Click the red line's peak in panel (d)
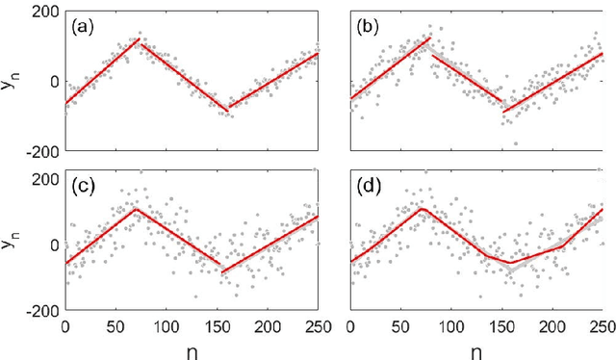click(x=421, y=208)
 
